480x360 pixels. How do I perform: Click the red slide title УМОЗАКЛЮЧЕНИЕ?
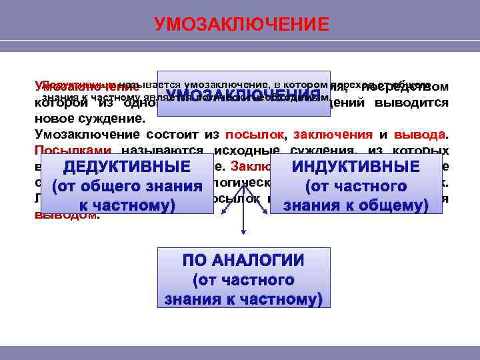click(x=241, y=25)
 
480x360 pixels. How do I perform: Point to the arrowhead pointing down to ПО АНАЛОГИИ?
click(x=243, y=233)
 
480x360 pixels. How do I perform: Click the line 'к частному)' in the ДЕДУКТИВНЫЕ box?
click(x=127, y=206)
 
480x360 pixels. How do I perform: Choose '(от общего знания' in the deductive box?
click(x=127, y=187)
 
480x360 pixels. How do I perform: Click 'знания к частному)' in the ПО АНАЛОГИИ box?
click(x=243, y=299)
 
